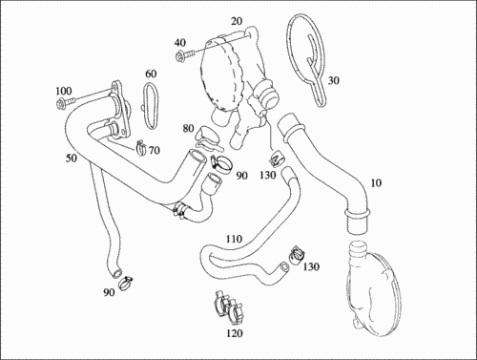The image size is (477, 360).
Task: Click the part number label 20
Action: [237, 21]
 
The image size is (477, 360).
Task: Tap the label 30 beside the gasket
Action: [333, 80]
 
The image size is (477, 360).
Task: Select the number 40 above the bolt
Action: [180, 43]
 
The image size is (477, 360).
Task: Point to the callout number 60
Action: [151, 74]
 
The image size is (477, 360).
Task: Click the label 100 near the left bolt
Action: [64, 91]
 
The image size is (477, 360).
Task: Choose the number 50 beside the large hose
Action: [72, 158]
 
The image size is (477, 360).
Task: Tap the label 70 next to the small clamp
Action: [155, 150]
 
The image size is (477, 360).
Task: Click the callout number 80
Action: [188, 128]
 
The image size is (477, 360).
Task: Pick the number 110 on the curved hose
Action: [234, 239]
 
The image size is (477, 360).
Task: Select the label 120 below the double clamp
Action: [235, 333]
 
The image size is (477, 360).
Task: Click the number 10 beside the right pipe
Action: [376, 183]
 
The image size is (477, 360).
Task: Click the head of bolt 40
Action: [179, 56]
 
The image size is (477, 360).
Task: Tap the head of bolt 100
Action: [61, 104]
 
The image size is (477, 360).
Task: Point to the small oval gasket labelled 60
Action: [150, 106]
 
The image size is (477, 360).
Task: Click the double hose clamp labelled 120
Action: [228, 308]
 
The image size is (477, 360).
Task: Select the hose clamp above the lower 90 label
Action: [126, 283]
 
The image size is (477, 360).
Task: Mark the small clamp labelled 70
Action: [140, 147]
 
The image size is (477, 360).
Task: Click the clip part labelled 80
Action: [207, 138]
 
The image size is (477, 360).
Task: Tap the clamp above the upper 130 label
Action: [276, 159]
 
